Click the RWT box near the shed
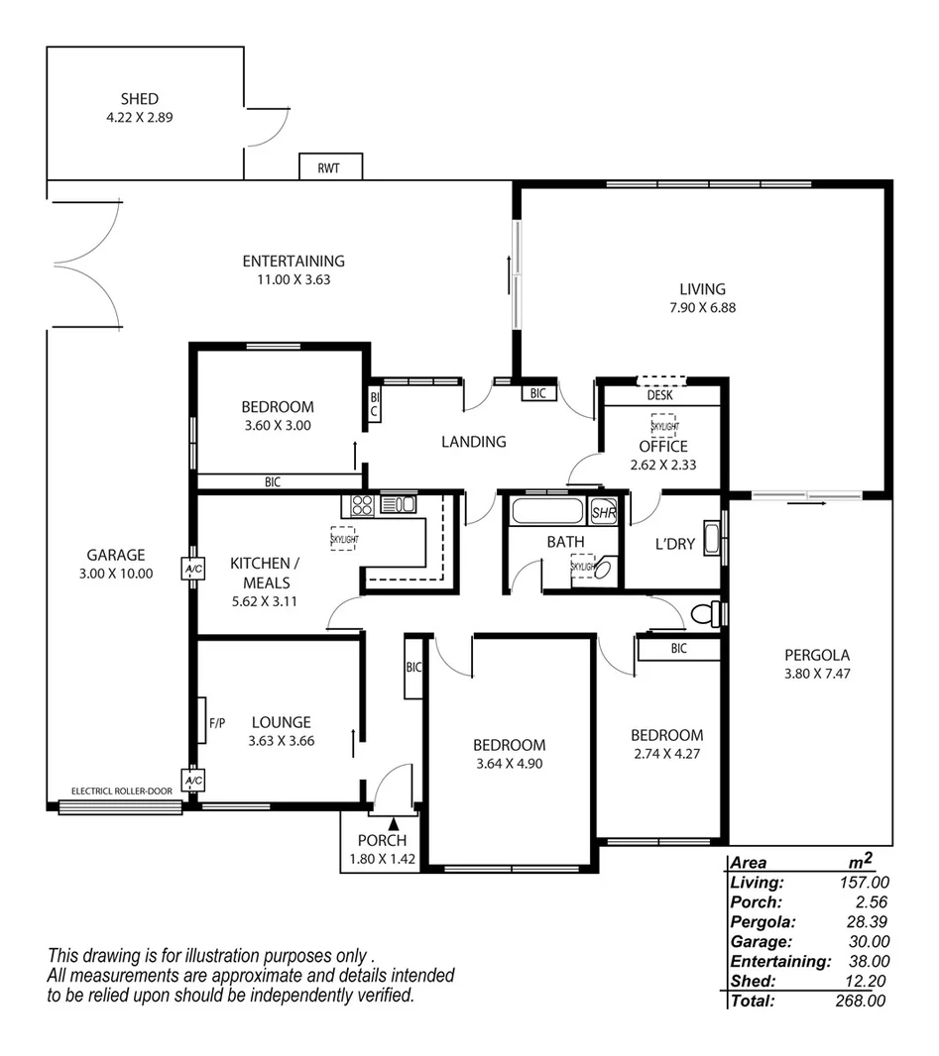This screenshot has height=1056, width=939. tap(330, 167)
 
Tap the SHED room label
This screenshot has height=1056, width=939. tap(140, 99)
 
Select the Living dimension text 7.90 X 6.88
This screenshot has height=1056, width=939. tap(702, 307)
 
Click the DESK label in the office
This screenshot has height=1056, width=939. tap(659, 395)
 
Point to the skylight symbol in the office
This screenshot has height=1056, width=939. tap(663, 425)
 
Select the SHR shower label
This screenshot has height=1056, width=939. tap(603, 513)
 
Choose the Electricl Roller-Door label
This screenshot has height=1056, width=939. tap(122, 792)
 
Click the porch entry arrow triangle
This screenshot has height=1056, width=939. tap(394, 822)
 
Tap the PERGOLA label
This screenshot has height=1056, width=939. tap(817, 655)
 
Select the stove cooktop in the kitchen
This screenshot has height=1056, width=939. tap(362, 505)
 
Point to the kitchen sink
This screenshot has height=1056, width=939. tap(399, 504)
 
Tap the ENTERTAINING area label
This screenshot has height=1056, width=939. tap(293, 262)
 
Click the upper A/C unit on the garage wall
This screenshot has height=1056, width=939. tap(191, 570)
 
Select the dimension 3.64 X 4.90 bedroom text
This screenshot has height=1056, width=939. tap(509, 764)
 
